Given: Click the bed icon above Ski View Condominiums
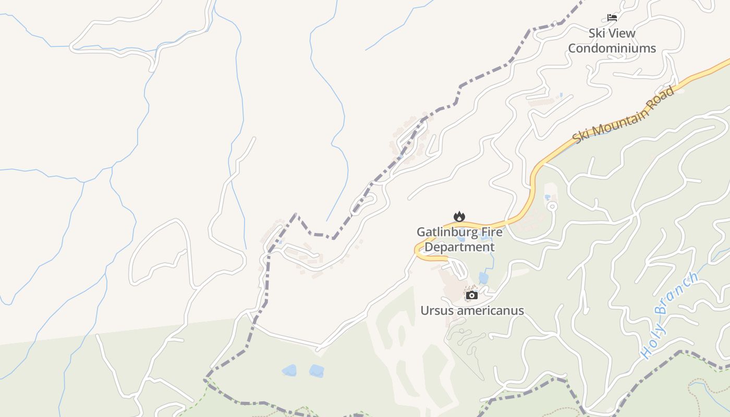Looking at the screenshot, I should (612, 18).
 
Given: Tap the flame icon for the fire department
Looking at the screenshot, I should (459, 216).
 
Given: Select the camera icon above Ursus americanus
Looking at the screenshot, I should (472, 296).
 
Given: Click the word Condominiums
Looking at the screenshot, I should (612, 48).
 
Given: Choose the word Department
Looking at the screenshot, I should (459, 247).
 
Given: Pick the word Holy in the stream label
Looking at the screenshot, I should (653, 342).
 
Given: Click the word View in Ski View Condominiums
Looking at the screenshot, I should (621, 33).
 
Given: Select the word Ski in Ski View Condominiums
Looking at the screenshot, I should (598, 33).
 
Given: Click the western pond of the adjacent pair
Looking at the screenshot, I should (289, 371).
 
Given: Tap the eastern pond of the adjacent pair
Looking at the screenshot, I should (317, 371).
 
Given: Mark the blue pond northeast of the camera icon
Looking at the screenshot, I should (484, 278).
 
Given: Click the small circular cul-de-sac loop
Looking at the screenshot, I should (552, 206).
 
